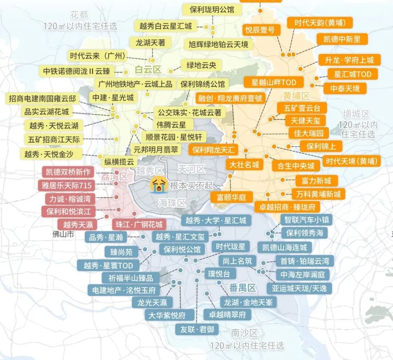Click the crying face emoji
(159, 185)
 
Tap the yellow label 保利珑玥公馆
(212, 9)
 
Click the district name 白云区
(148, 70)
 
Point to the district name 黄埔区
(296, 96)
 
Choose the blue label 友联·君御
(197, 329)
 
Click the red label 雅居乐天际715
(66, 185)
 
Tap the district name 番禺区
(243, 288)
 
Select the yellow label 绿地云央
(201, 66)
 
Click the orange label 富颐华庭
(231, 197)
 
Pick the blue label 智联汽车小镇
(306, 219)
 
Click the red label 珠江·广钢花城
(138, 224)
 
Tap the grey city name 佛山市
(63, 234)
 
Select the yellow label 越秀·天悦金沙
(47, 154)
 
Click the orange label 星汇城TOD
(353, 74)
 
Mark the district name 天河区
(191, 169)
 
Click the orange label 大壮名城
(244, 165)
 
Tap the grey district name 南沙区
(244, 333)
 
